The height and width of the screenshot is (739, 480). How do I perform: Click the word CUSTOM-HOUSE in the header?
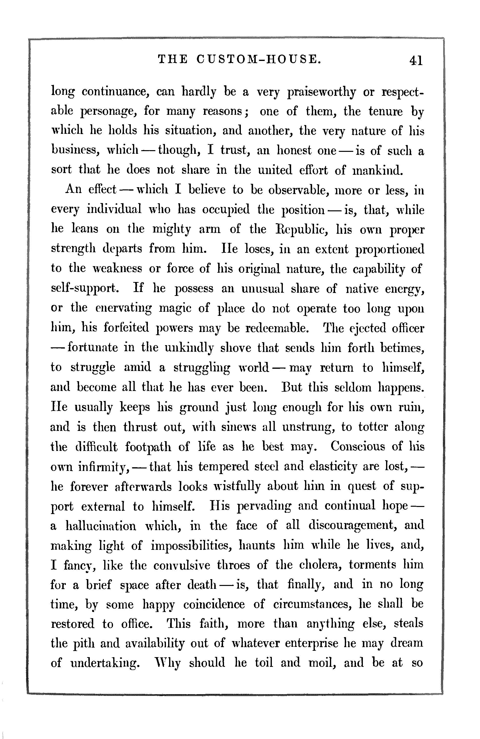point(258,59)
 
